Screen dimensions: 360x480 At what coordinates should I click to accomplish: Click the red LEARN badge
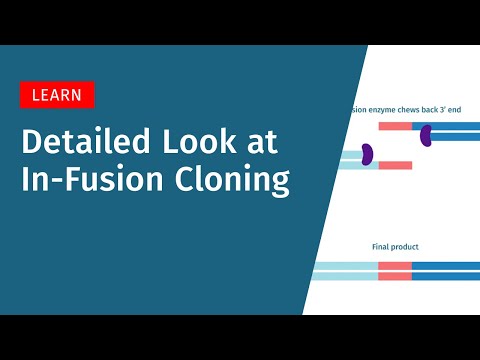point(57,95)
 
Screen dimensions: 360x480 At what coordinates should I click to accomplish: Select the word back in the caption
point(444,109)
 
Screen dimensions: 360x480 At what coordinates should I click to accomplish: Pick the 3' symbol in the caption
point(461,109)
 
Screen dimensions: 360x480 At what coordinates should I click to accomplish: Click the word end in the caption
point(474,109)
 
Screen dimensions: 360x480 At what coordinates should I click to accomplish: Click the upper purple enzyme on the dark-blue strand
point(425,134)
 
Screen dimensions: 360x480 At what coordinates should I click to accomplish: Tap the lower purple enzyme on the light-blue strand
point(367,154)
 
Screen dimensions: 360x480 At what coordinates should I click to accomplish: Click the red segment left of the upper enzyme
point(394,127)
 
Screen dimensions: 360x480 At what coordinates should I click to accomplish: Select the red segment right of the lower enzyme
point(395,165)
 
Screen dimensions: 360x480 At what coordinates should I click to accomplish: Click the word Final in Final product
point(381,246)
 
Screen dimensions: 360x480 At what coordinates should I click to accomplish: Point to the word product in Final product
point(405,246)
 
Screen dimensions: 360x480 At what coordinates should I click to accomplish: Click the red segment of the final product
point(395,271)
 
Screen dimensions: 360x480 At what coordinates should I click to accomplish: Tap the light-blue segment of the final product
point(346,271)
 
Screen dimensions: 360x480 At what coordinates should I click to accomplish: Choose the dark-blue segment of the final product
point(446,271)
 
